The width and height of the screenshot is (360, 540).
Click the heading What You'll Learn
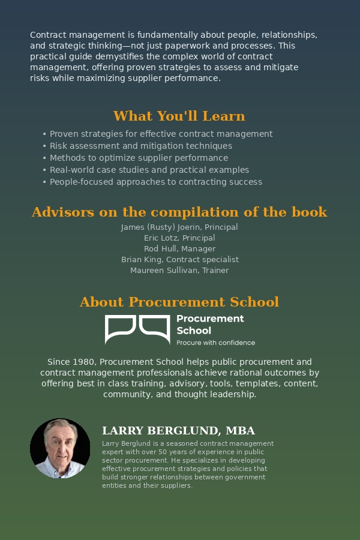(x=179, y=116)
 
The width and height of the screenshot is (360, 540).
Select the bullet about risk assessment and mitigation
(x=140, y=146)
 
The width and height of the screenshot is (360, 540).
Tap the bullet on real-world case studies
(x=149, y=170)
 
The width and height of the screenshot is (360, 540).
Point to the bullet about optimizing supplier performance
(x=139, y=158)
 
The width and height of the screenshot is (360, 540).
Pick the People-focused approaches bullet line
(x=155, y=182)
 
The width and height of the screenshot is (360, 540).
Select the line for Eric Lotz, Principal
(x=179, y=238)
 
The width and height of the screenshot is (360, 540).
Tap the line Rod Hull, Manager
(x=179, y=249)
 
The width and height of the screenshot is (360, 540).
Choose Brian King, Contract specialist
(x=179, y=260)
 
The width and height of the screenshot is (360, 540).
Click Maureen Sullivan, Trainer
(x=179, y=271)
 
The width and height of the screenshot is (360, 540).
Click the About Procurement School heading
(x=179, y=302)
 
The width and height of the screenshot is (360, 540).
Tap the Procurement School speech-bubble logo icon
(x=137, y=329)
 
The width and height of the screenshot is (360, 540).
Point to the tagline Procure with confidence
(x=215, y=343)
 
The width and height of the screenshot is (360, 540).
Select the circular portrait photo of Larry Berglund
(x=60, y=448)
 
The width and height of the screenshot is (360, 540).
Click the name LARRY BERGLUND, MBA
(x=178, y=431)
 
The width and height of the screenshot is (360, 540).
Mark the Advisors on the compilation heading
(x=179, y=212)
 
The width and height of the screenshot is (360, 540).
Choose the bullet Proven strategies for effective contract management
(x=161, y=134)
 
